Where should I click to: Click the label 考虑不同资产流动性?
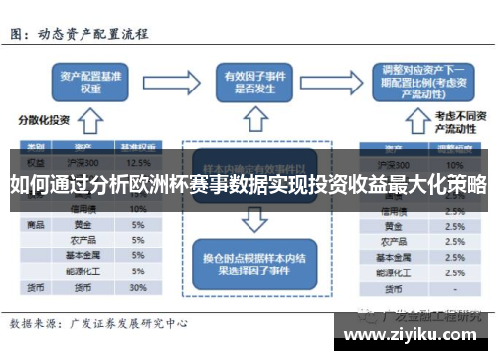(454, 122)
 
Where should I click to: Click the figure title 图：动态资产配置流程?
(79, 34)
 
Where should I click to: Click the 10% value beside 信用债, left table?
(138, 209)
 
